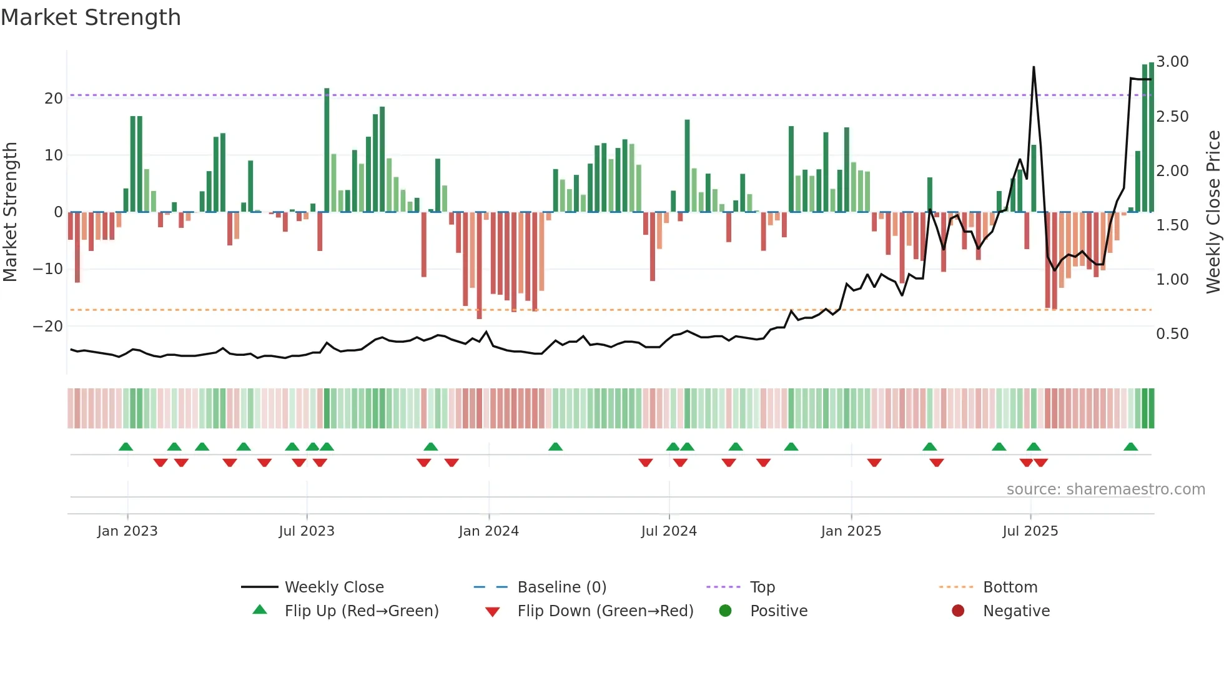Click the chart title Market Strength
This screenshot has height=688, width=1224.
(91, 17)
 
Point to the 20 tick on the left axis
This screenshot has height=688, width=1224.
(54, 98)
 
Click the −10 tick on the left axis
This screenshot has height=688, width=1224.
(48, 269)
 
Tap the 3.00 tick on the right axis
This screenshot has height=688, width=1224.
(1172, 62)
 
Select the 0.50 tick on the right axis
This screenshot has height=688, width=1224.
(1172, 334)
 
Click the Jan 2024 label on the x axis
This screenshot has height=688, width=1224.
(488, 531)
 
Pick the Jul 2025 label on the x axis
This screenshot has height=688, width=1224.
(1030, 531)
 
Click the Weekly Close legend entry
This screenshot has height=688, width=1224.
(334, 587)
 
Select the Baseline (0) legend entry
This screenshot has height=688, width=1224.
(561, 587)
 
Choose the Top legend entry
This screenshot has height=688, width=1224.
(762, 587)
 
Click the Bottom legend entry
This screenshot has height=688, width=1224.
(1010, 587)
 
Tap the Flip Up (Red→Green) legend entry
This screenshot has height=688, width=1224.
(362, 611)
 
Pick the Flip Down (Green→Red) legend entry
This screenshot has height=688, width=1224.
(605, 611)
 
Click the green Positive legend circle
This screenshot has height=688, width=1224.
(725, 611)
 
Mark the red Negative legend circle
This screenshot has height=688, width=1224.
(958, 611)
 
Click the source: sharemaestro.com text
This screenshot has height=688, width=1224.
(1105, 489)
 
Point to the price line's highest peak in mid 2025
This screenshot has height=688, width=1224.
(1034, 67)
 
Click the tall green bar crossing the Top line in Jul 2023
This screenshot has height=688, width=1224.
(327, 150)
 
